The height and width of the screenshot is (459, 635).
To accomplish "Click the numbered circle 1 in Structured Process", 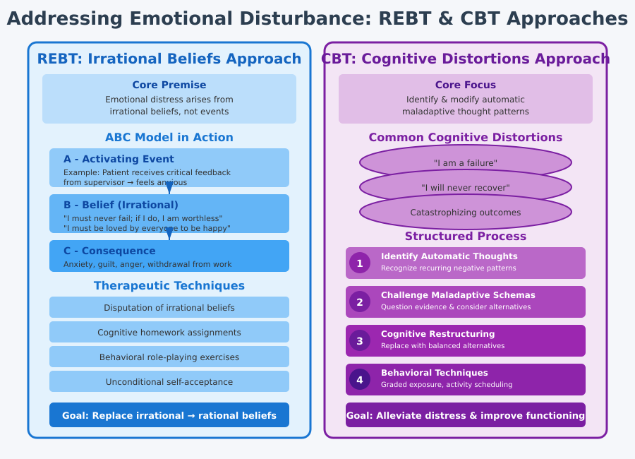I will tap(360, 263).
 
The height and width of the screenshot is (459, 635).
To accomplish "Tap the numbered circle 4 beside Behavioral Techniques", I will tap(360, 379).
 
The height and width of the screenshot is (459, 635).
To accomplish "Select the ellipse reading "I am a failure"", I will tap(466, 162).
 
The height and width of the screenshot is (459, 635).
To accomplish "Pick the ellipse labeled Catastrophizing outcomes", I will tap(466, 212).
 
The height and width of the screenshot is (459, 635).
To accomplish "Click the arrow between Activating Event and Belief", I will tap(169, 189).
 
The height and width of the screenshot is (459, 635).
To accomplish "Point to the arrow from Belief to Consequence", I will tap(169, 234).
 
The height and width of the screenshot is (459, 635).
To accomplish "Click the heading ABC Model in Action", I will tap(169, 138).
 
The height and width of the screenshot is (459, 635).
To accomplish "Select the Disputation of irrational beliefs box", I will tap(169, 307).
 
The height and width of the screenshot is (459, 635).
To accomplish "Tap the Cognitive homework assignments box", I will tap(169, 332).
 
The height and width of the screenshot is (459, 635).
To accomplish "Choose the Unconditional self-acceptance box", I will tap(169, 381).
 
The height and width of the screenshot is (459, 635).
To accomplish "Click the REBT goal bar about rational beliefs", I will tap(169, 415).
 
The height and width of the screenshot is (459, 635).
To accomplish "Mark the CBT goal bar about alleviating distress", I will tap(466, 415).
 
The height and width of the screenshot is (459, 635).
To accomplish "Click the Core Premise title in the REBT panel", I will tap(169, 85).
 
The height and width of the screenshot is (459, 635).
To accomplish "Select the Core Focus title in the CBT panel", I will tap(466, 85).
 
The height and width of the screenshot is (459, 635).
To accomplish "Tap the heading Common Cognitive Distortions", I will tap(466, 138).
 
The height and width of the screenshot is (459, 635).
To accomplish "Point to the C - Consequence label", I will tap(109, 251).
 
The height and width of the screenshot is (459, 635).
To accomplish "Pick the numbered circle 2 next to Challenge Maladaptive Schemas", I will tap(360, 302).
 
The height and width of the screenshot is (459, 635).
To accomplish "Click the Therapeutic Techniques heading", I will tap(169, 286).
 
